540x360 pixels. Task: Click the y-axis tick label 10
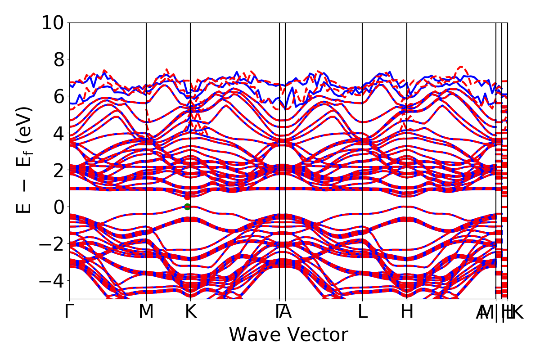pos(53,22)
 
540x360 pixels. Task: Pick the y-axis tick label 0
pos(58,207)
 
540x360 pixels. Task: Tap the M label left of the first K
pos(146,312)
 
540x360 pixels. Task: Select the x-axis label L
pos(362,312)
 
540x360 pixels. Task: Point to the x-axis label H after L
pos(407,312)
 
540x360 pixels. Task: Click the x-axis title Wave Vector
pos(288,335)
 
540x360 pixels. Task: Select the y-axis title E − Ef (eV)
pos(25,160)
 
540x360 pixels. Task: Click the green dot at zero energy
pos(187,207)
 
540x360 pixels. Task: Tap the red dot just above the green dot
pos(187,197)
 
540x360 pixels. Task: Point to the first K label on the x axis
pos(191,312)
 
